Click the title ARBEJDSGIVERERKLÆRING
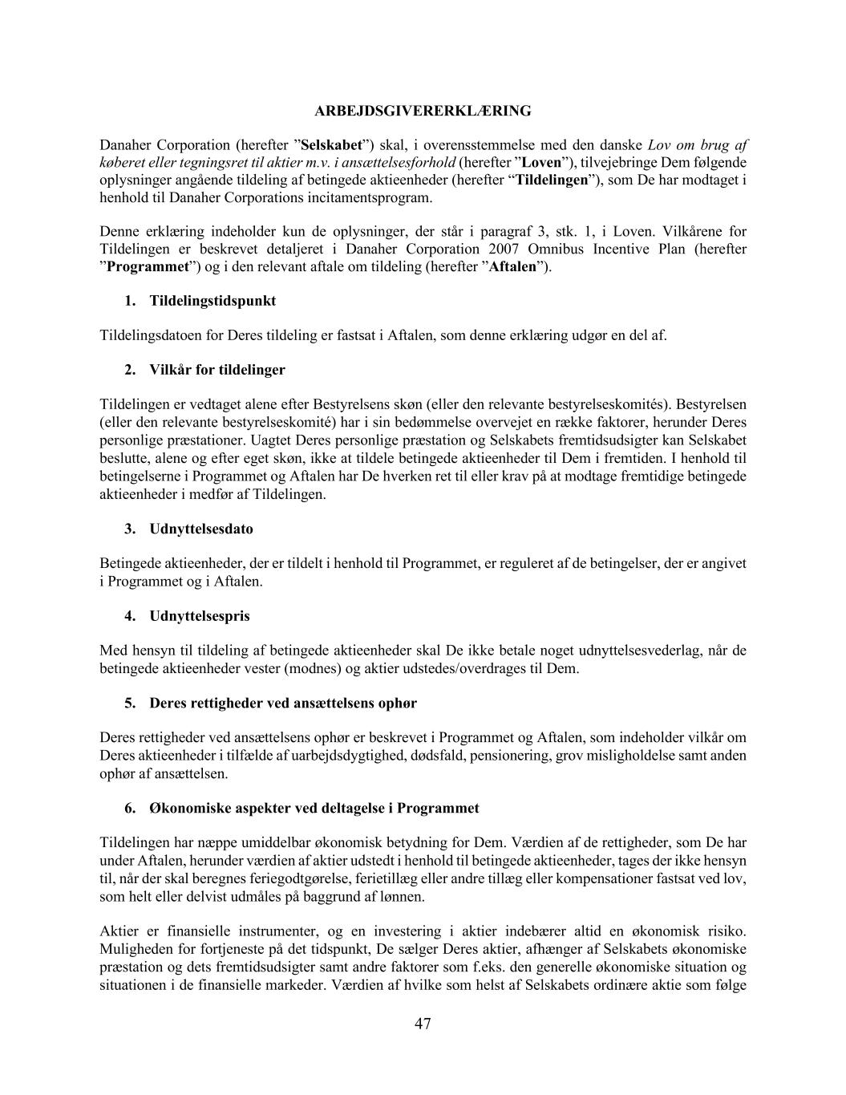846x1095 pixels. tap(423, 111)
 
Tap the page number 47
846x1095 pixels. tap(423, 1024)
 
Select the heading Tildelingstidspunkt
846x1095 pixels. tap(213, 301)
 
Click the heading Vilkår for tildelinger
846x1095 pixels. tap(217, 370)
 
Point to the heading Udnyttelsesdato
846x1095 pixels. tap(200, 529)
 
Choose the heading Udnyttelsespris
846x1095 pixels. tap(200, 616)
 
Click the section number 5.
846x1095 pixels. tap(129, 704)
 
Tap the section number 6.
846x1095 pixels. tap(129, 808)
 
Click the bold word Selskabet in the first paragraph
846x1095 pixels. tap(331, 145)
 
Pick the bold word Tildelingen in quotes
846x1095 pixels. tap(553, 180)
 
